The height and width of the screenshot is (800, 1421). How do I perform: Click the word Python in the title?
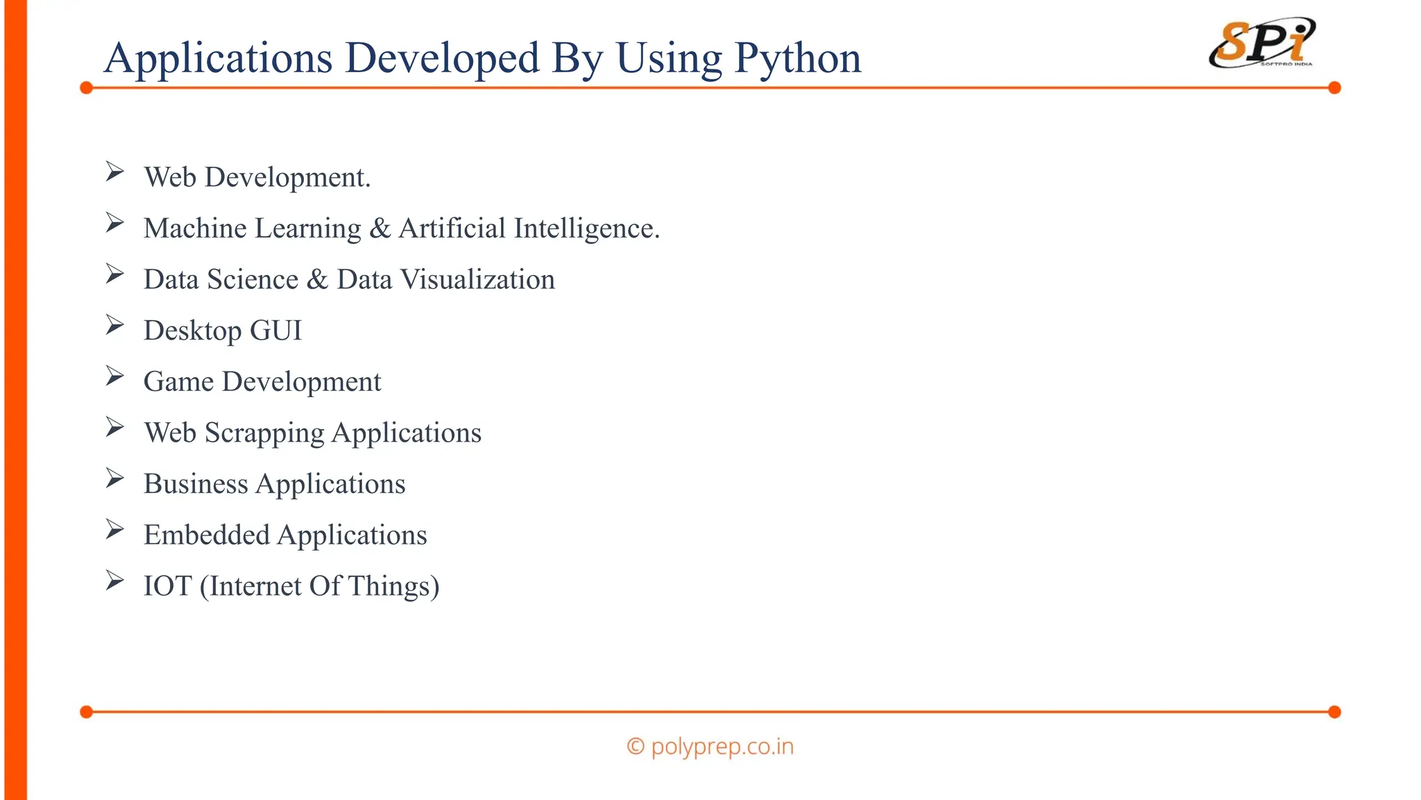(798, 58)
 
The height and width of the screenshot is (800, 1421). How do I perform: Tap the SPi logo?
(1262, 44)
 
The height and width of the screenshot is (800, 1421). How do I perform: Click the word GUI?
(275, 331)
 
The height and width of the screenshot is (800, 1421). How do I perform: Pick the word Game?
(178, 382)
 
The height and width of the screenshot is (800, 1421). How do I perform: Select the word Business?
(196, 484)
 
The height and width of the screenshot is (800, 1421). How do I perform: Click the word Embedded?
(207, 535)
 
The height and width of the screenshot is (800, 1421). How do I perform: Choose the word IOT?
(167, 586)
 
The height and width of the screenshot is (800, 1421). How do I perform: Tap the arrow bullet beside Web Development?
(114, 171)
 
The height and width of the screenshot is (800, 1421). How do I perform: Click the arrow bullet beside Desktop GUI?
(114, 324)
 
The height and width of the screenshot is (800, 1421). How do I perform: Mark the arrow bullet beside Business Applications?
(114, 478)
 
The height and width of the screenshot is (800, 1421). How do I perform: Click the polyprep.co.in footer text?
(722, 747)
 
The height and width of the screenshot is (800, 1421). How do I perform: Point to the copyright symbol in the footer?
(635, 747)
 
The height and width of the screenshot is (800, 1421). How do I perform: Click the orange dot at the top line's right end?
(1334, 87)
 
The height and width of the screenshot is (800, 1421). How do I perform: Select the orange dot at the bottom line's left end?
(86, 712)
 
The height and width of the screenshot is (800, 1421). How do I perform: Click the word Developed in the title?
(442, 58)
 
